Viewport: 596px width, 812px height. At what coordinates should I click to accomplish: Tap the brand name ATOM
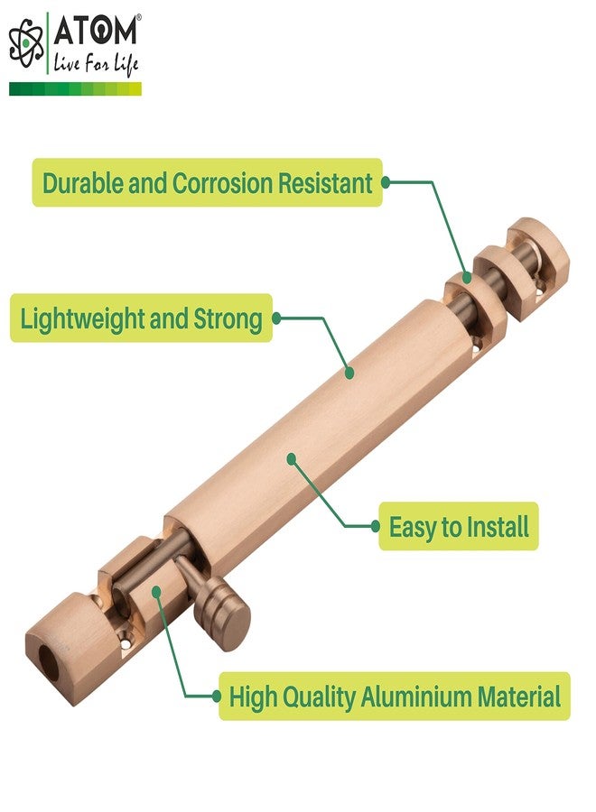(x=98, y=32)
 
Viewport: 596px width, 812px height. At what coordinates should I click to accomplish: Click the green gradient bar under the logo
(x=75, y=88)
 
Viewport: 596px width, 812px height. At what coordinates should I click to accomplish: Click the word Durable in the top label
(x=83, y=183)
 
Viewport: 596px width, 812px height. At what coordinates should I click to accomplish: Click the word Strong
(x=228, y=318)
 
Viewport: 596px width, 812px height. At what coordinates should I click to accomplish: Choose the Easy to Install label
(x=459, y=527)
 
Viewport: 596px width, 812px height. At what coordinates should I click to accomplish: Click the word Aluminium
(x=418, y=697)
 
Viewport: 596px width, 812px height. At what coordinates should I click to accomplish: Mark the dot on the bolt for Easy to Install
(x=292, y=458)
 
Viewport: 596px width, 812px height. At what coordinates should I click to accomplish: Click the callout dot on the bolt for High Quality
(x=157, y=593)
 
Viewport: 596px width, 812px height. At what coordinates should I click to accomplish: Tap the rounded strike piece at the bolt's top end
(x=538, y=262)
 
